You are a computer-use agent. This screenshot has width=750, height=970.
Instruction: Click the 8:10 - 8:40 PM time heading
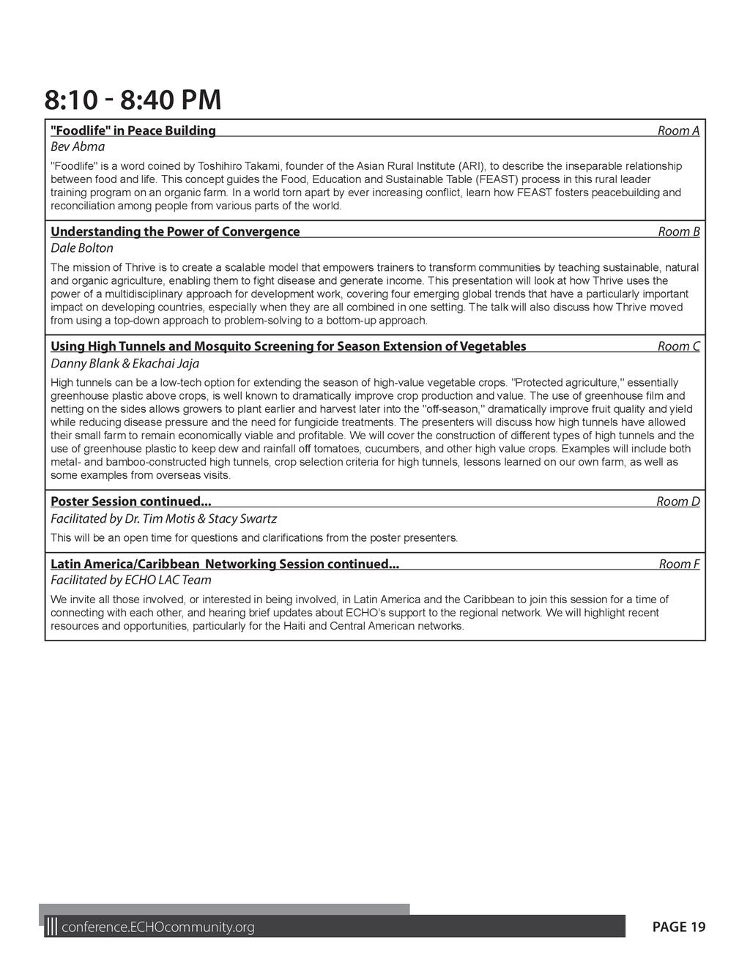tap(133, 100)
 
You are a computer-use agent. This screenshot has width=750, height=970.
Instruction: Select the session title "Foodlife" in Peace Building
tap(133, 130)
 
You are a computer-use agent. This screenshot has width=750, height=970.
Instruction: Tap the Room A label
tap(678, 130)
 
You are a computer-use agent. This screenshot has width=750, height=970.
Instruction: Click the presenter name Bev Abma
tap(78, 146)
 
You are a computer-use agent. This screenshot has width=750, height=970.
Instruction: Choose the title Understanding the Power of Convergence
tap(175, 231)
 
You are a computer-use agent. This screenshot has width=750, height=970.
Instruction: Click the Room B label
tap(678, 231)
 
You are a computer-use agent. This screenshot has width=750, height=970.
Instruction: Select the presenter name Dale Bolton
tap(82, 248)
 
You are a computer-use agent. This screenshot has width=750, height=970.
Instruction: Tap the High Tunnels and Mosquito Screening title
tap(288, 346)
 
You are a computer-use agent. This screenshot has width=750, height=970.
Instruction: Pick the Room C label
tap(678, 346)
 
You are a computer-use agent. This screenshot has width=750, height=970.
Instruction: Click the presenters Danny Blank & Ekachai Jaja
tap(125, 363)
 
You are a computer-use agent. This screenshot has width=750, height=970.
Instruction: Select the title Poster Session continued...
tap(130, 501)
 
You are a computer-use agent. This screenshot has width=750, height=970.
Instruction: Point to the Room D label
tap(677, 501)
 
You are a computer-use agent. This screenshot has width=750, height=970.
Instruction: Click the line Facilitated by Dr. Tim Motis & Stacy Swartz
tap(163, 518)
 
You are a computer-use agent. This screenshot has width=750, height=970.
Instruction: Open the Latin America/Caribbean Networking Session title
tap(224, 564)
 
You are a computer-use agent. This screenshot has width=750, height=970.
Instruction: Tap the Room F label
tap(679, 564)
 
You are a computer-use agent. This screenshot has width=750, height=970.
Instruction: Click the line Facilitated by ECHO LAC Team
tap(130, 580)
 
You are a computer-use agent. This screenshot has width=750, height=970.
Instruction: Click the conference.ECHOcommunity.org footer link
tap(157, 928)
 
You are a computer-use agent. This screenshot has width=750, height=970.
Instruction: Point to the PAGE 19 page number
tap(679, 928)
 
